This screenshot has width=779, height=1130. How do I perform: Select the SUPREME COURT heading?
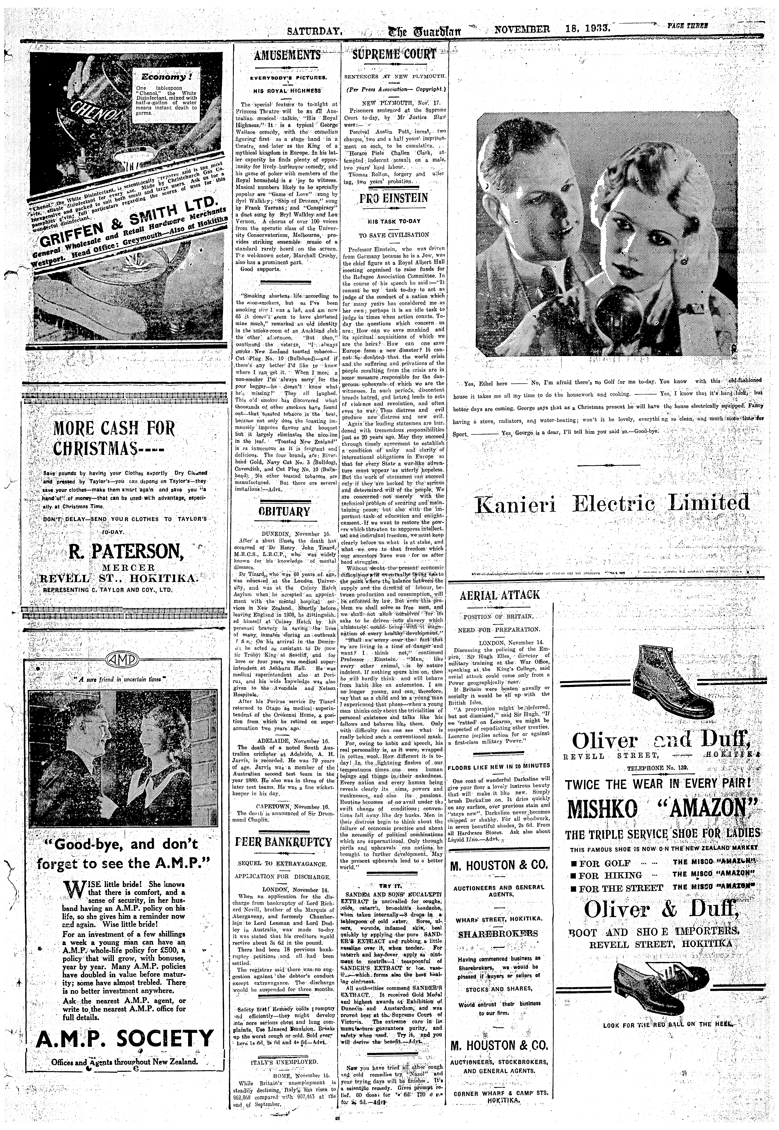394,54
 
